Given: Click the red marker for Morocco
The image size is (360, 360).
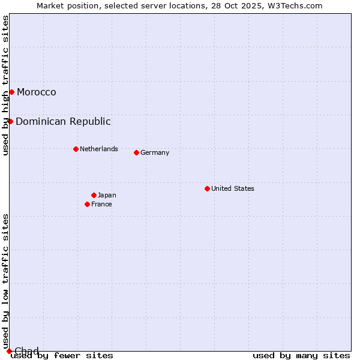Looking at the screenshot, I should [11, 92].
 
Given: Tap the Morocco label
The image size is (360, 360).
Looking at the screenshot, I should [37, 92].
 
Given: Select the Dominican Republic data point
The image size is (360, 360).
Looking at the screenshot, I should [10, 121].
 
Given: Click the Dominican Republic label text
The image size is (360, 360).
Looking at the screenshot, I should [63, 121].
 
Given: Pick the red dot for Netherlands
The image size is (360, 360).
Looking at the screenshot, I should [76, 149].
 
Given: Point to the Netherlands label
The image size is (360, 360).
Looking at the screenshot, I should [99, 149].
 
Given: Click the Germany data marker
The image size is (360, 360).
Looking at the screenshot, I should [136, 152].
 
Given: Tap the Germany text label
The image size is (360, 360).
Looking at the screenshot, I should [155, 152].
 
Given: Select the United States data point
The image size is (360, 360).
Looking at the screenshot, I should [207, 188].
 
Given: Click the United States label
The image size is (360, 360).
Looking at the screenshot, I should [233, 188].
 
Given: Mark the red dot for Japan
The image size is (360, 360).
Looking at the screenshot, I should [94, 195].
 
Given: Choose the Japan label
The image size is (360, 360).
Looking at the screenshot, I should [107, 195].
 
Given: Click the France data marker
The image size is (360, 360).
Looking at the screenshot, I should [87, 204].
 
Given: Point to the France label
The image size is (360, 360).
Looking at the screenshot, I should [101, 204].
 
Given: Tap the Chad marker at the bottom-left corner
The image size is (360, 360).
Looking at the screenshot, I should [9, 351].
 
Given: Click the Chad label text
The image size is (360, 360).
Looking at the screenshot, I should [26, 351].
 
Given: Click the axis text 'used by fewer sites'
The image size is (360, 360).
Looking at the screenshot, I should [62, 355].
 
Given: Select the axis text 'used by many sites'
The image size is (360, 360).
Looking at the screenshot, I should [301, 355].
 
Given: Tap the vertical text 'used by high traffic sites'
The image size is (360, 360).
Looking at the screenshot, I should [5, 85].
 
